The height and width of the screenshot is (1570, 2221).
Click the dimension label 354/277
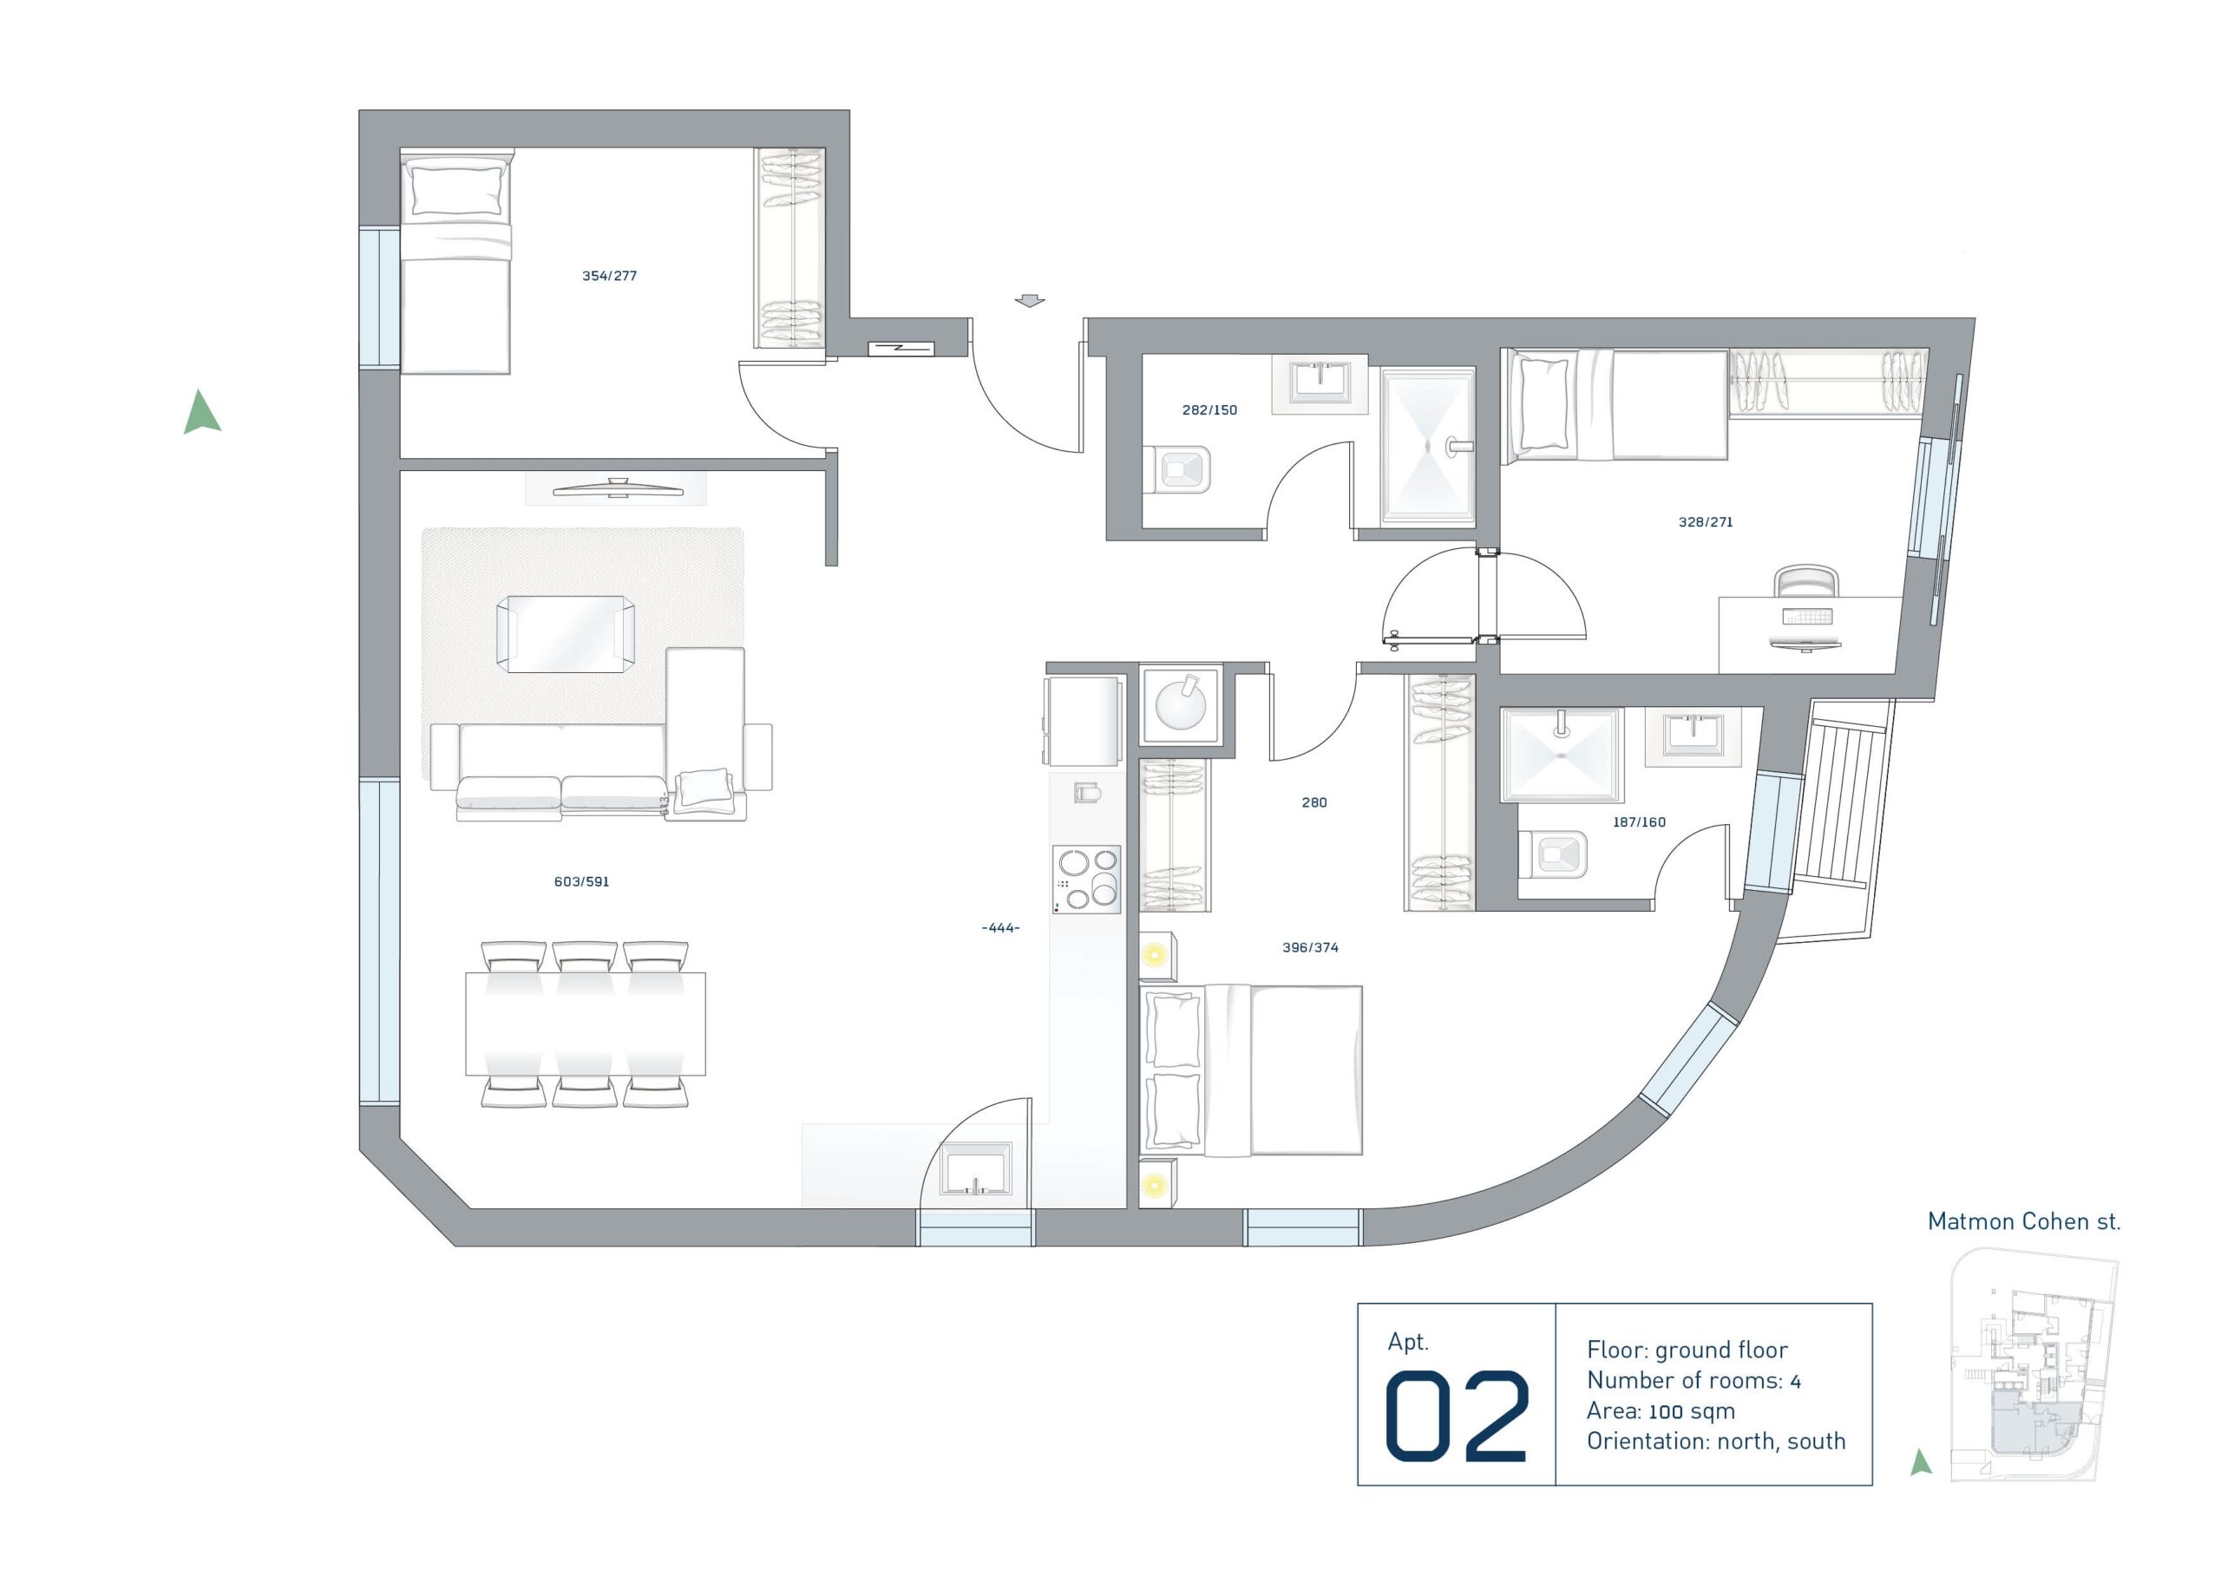click(x=608, y=276)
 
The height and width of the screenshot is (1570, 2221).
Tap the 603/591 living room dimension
click(x=581, y=881)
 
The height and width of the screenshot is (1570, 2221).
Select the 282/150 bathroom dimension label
click(x=1209, y=410)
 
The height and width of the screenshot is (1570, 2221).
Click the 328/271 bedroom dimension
click(x=1706, y=522)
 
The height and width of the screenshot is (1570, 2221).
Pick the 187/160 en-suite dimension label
click(x=1639, y=822)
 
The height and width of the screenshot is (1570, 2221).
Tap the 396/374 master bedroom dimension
click(x=1310, y=948)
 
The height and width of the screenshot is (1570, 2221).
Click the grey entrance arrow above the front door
click(x=1030, y=301)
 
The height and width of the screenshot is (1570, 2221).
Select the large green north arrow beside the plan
click(x=202, y=412)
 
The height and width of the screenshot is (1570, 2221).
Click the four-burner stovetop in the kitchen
click(x=1086, y=880)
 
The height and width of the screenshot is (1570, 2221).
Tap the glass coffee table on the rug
click(x=566, y=633)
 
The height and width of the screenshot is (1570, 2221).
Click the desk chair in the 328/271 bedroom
click(x=1805, y=582)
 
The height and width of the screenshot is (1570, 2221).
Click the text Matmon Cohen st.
click(x=2024, y=1222)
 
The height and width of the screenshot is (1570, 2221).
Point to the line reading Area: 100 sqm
click(x=1661, y=1411)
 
